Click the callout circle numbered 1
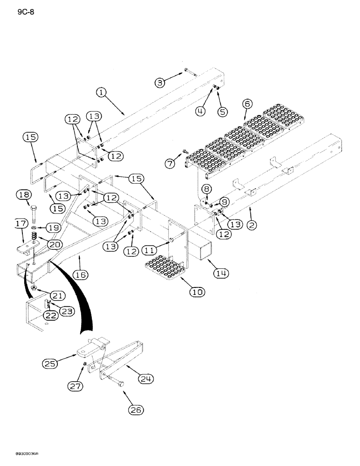(102, 93)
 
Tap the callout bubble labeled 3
(161, 82)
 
